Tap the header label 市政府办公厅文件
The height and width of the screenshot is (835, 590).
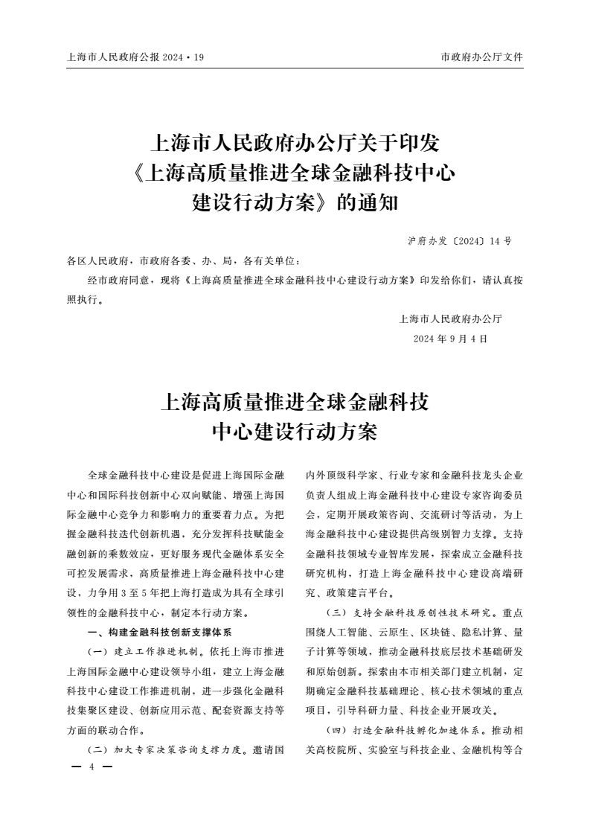[x=482, y=57]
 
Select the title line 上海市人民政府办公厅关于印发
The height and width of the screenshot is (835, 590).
[x=295, y=142]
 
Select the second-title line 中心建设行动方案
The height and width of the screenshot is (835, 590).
[x=295, y=432]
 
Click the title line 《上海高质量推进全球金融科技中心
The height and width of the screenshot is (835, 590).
[x=295, y=173]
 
